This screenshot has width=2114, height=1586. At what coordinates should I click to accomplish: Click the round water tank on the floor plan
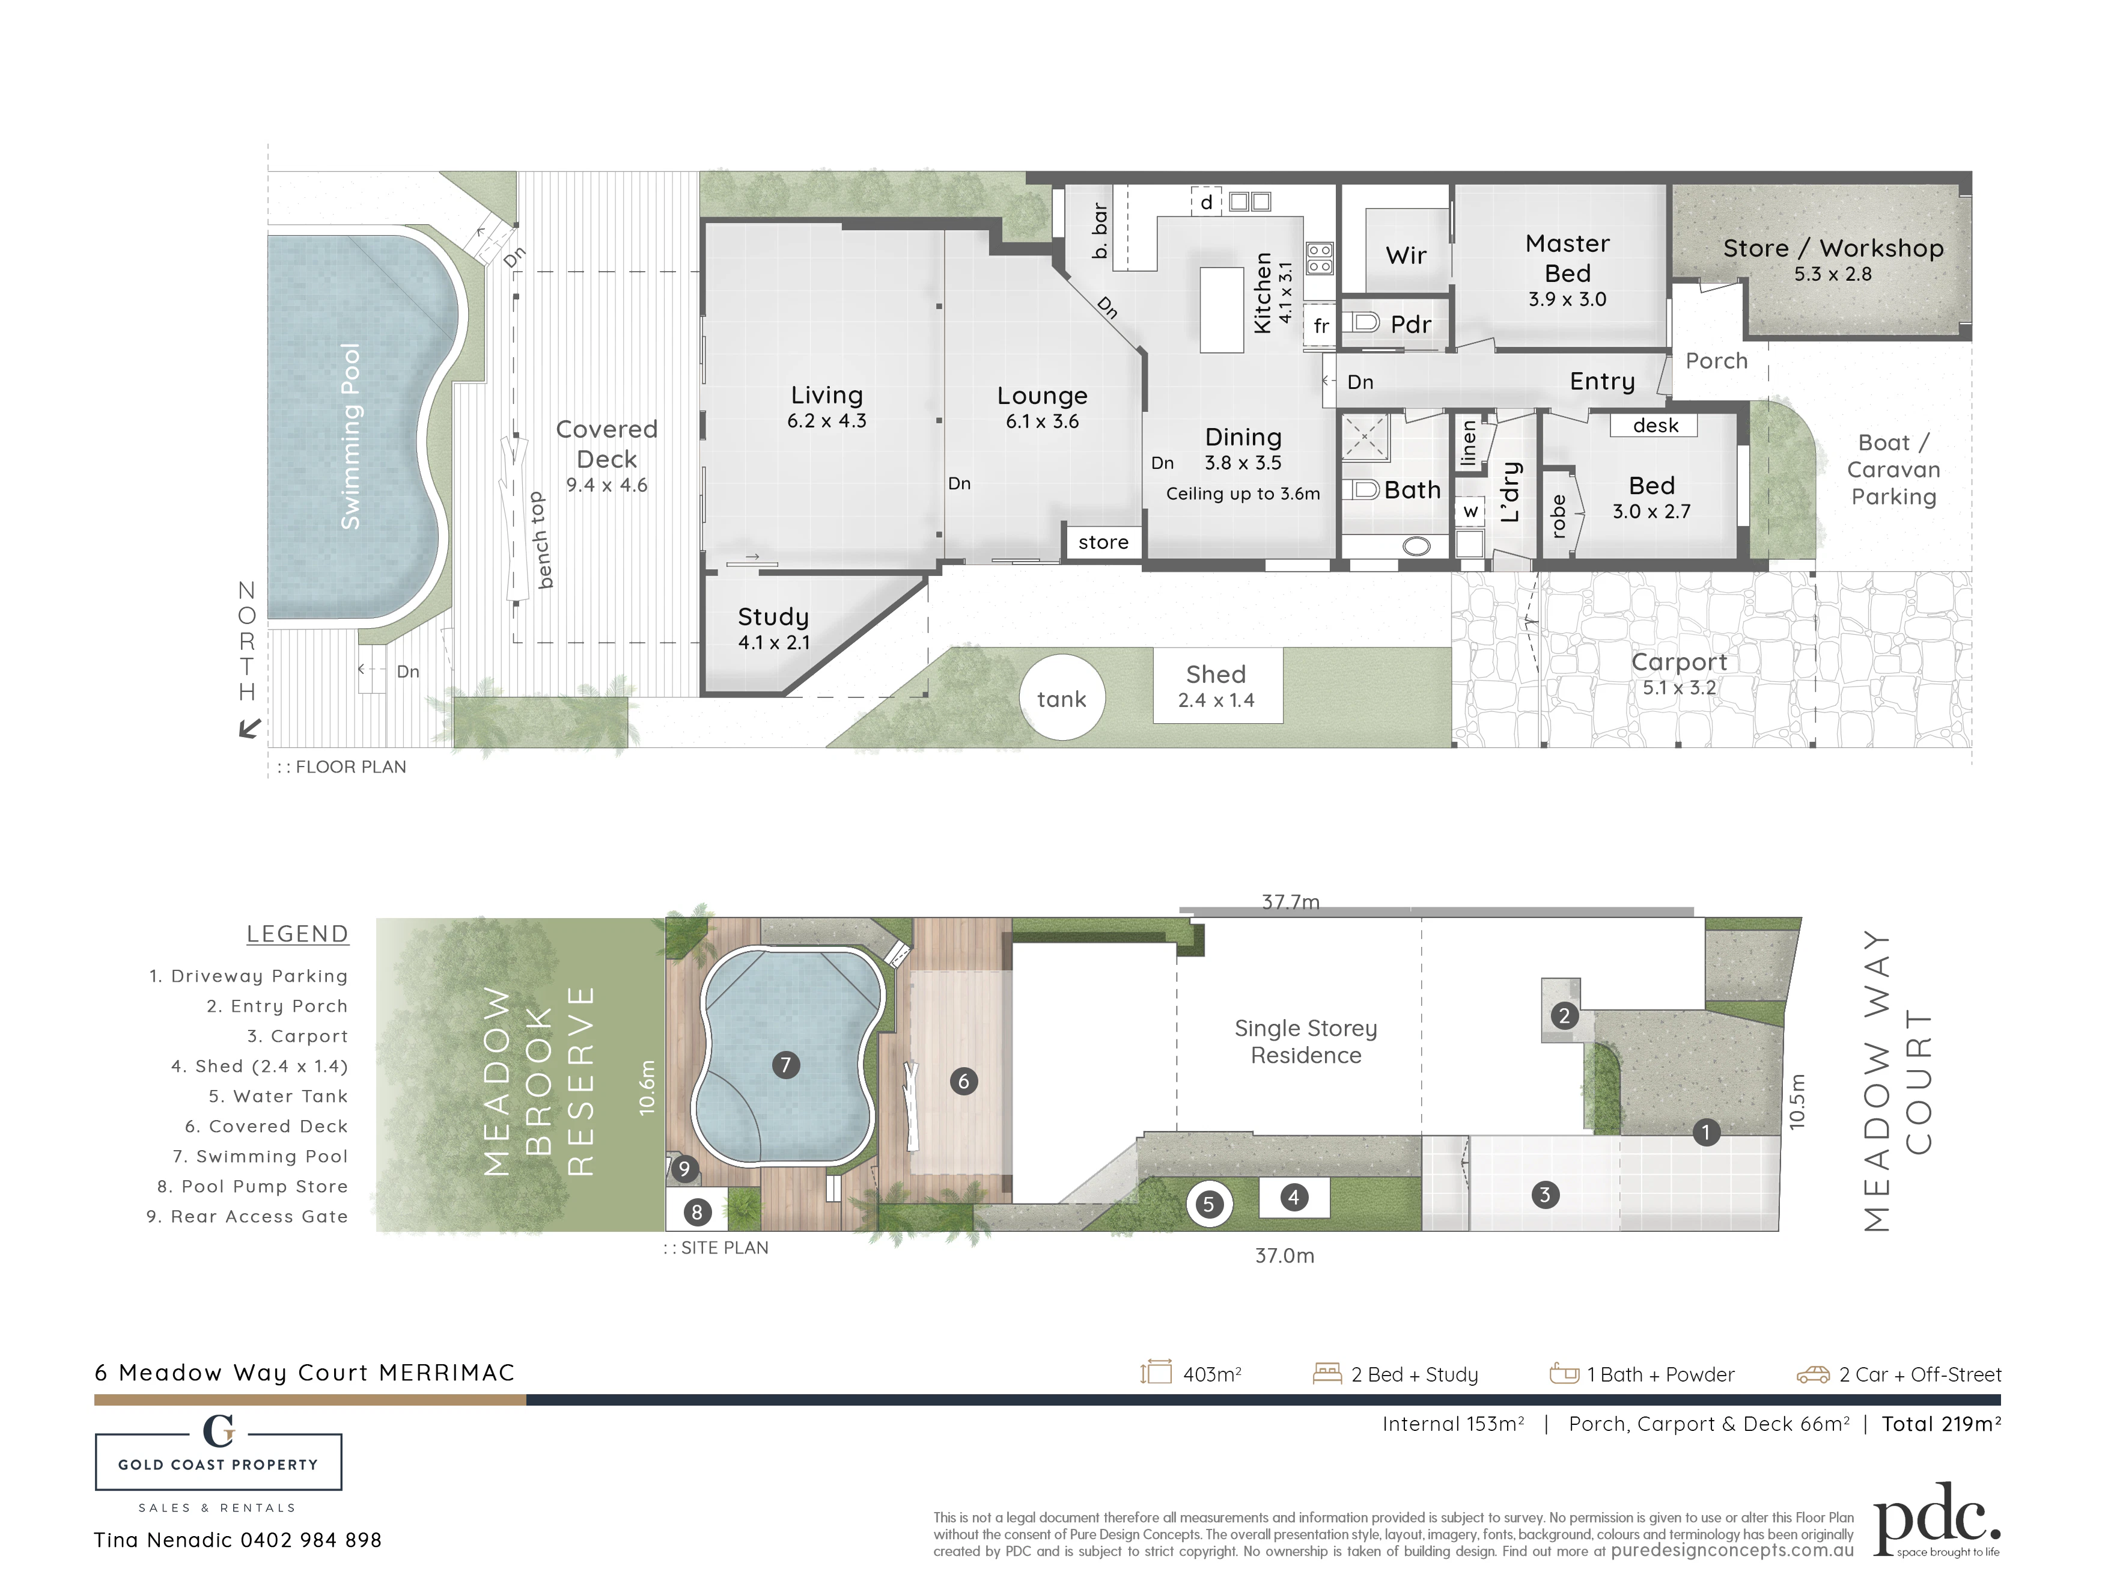point(1062,699)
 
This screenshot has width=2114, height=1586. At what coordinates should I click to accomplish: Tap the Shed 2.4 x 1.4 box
point(1217,685)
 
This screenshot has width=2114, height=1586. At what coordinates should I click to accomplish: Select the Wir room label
point(1406,256)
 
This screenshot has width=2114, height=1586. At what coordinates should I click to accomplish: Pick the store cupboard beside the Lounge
point(1104,542)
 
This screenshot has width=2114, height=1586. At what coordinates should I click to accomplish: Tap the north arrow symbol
point(249,729)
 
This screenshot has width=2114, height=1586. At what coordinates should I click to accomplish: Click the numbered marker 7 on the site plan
point(785,1064)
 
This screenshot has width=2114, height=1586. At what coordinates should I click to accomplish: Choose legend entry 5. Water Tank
point(278,1097)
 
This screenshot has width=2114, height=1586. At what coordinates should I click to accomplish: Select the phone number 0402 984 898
point(311,1540)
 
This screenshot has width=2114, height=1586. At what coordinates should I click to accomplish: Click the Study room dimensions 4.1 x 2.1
point(773,643)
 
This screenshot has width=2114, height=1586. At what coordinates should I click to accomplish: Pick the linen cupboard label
point(1469,442)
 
